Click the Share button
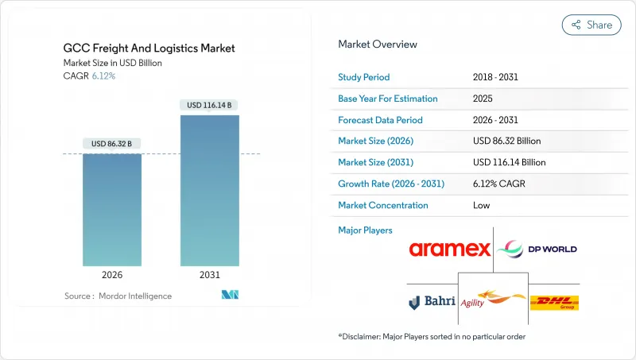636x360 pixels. [x=591, y=25]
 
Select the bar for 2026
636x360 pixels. [x=112, y=210]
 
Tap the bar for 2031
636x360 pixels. [x=210, y=191]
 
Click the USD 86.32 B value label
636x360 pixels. [x=111, y=144]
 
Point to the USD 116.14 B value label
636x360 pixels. [x=210, y=105]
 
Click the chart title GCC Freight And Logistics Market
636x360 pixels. [x=149, y=48]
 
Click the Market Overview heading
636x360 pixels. [x=378, y=45]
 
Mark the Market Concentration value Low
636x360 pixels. [x=481, y=205]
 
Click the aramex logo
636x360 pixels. [x=450, y=250]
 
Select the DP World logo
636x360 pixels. [x=537, y=249]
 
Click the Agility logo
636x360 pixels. [x=493, y=301]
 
